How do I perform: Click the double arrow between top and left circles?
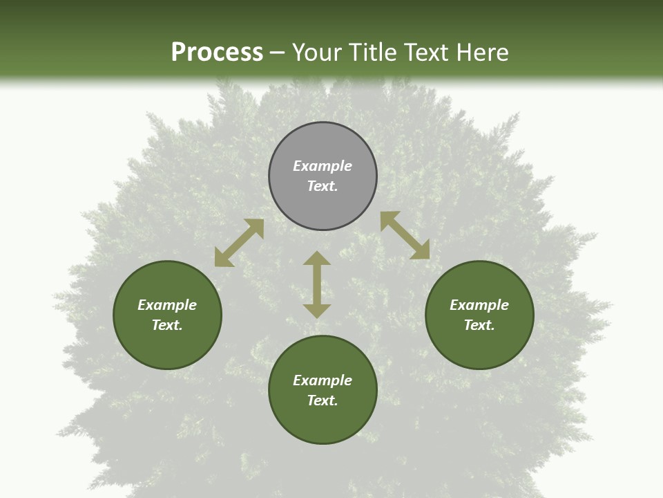(x=239, y=243)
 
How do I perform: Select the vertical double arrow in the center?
(x=317, y=284)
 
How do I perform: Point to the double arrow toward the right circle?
(x=405, y=235)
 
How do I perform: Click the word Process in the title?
(x=217, y=52)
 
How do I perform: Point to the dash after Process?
(x=278, y=53)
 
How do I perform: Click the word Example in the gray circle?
(x=323, y=166)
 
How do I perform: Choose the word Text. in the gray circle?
(x=323, y=186)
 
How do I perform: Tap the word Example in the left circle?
(x=167, y=305)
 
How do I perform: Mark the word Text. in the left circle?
(x=167, y=325)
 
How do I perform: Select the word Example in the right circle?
(x=479, y=305)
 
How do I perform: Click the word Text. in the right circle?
(x=479, y=325)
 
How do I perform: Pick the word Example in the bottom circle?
(x=323, y=380)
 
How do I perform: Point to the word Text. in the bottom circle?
(x=323, y=400)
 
